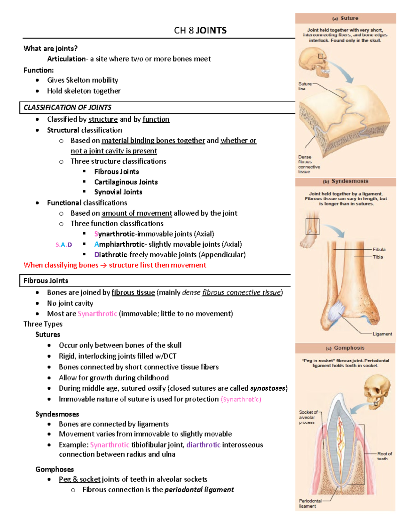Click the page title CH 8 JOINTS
200,30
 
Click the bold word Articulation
66,59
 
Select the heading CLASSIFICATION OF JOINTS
68,108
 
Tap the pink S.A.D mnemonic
63,245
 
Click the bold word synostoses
268,388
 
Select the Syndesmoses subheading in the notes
57,414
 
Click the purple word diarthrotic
203,445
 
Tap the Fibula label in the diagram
379,249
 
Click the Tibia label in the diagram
378,257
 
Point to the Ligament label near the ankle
382,334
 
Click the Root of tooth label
384,456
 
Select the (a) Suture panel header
346,18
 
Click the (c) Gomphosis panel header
346,348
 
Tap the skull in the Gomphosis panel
377,391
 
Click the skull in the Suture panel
314,62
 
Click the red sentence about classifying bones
115,265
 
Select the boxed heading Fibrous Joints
46,281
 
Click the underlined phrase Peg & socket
80,479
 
